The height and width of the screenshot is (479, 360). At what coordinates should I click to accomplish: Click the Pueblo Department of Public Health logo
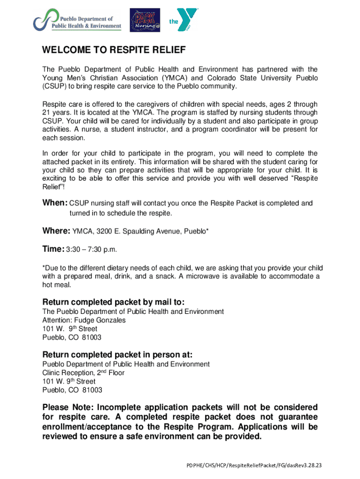pyautogui.click(x=77, y=22)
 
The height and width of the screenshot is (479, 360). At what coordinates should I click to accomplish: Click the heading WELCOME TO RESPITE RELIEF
pyautogui.click(x=114, y=50)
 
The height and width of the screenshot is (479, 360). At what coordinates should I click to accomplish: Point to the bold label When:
pyautogui.click(x=55, y=203)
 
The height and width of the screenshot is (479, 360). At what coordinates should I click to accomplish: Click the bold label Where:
pyautogui.click(x=57, y=231)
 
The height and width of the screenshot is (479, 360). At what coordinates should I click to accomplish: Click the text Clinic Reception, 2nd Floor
pyautogui.click(x=83, y=373)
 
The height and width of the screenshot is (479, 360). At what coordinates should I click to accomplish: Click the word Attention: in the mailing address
pyautogui.click(x=58, y=320)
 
